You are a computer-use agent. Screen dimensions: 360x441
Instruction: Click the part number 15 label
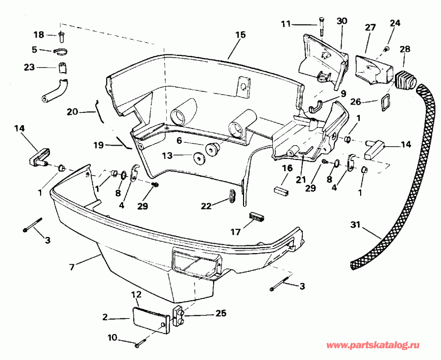[240, 35]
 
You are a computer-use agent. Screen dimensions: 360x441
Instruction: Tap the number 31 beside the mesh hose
[356, 225]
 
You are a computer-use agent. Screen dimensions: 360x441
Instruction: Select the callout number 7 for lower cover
[72, 267]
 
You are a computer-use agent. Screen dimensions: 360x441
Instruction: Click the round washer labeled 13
[199, 158]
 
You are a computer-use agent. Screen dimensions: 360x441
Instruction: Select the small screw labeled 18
[61, 35]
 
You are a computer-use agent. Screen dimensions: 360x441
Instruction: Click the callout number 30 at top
[342, 21]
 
